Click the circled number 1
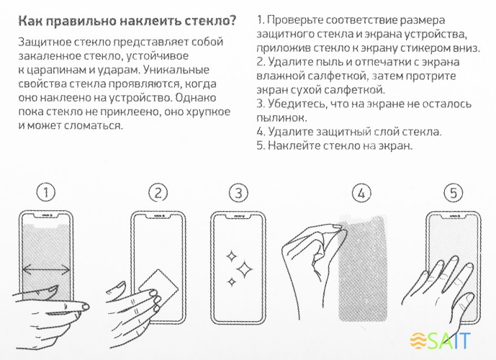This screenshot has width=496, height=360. pyautogui.click(x=46, y=192)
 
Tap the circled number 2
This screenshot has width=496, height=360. pyautogui.click(x=158, y=192)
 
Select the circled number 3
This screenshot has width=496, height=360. pyautogui.click(x=238, y=192)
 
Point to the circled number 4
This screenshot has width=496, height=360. pyautogui.click(x=362, y=192)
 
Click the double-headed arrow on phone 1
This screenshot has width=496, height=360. pyautogui.click(x=47, y=270)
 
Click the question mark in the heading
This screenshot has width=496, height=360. pyautogui.click(x=232, y=19)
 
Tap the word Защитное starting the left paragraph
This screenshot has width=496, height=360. pyautogui.click(x=45, y=42)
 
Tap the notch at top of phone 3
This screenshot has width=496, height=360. pyautogui.click(x=238, y=215)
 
